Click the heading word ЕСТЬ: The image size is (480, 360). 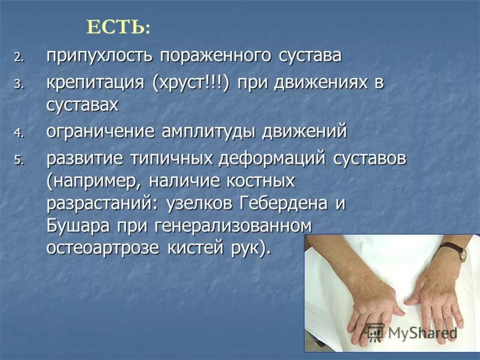coord(119,28)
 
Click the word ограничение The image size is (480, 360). coord(101,131)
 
